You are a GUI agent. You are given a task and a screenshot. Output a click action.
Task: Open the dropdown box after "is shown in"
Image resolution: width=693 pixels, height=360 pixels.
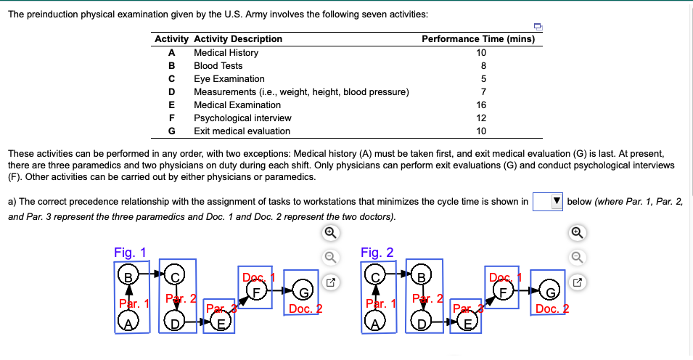coord(549,201)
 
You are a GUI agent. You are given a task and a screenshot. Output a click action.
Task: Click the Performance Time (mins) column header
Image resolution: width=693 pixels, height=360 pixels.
coord(477,39)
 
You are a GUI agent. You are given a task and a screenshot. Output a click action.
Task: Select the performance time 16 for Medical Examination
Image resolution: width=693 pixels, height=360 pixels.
coord(481,105)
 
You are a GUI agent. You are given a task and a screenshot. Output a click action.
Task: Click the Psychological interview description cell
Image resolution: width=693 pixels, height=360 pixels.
coord(242,118)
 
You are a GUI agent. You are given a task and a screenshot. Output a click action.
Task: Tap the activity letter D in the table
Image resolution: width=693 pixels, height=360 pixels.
coord(171,92)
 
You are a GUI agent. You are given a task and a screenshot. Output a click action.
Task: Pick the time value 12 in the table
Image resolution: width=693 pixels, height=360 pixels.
coord(481,118)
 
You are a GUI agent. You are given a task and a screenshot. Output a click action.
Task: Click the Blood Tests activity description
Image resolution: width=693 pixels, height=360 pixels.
coord(218,66)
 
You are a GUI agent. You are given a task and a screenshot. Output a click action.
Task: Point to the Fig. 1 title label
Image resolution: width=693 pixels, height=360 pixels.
coord(130,253)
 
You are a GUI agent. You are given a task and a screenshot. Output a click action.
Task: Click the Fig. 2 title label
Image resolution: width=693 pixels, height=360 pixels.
coord(377,253)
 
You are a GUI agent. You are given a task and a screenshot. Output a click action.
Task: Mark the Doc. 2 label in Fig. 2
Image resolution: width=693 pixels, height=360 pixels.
coord(551,309)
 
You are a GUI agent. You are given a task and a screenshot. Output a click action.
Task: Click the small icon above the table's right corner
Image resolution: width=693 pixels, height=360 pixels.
coord(538,27)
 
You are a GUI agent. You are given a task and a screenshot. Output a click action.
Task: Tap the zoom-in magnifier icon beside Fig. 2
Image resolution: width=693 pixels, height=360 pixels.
coord(576,232)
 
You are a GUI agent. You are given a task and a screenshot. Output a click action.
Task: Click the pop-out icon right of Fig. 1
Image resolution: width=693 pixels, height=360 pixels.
coord(329,280)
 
